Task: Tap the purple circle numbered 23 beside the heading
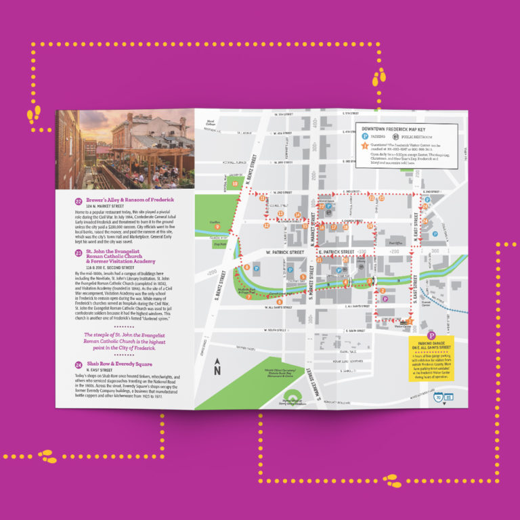(x=79, y=252)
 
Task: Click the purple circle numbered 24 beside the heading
(x=79, y=364)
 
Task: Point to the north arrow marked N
(x=217, y=368)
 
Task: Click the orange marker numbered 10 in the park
(x=235, y=183)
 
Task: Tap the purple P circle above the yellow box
(x=431, y=335)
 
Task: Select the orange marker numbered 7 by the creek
(x=248, y=297)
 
